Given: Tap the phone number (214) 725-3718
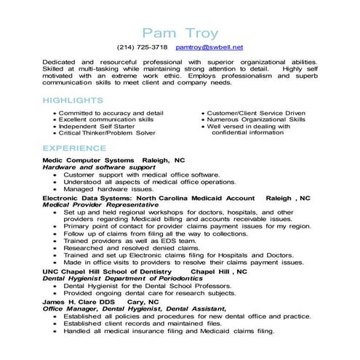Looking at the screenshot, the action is point(143,47).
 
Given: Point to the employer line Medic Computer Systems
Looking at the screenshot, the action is point(88,160).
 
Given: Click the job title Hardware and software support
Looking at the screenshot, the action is point(99,167).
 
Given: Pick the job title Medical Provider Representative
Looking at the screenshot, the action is point(105,204).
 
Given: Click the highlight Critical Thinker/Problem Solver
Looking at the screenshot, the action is point(107,134).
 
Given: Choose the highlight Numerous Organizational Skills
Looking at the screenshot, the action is point(254,120).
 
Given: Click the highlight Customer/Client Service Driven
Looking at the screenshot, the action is point(256,113).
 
